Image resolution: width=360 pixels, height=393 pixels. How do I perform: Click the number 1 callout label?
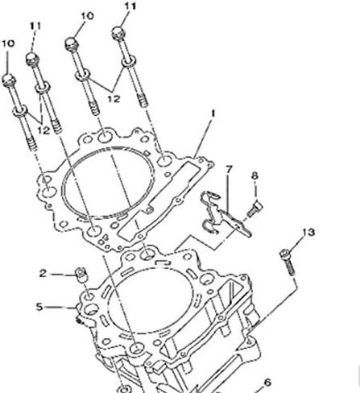pos(213,114)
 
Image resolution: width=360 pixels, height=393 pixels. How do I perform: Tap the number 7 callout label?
pos(229,169)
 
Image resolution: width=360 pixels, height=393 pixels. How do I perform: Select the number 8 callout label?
pos(254,176)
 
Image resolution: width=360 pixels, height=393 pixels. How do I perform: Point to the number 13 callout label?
pos(308,232)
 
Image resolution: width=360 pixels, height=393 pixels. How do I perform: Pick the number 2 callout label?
pos(43,274)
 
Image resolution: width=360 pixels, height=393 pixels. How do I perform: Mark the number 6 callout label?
pos(267,383)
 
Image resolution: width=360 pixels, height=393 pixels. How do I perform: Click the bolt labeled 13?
pos(288,262)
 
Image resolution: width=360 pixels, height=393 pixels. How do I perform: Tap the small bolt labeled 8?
pos(254,209)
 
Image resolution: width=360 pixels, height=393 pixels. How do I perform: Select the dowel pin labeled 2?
pos(81,275)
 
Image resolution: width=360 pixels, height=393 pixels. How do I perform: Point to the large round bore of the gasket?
pos(108,182)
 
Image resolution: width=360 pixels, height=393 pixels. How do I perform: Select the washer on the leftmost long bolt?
pos(20,110)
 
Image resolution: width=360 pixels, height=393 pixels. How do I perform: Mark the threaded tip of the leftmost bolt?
pos(32,144)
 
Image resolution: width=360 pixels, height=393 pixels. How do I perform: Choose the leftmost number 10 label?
pos(8,43)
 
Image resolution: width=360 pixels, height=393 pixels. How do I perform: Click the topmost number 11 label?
pos(130,6)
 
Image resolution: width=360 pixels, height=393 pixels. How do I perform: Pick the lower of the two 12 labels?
pos(43,130)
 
